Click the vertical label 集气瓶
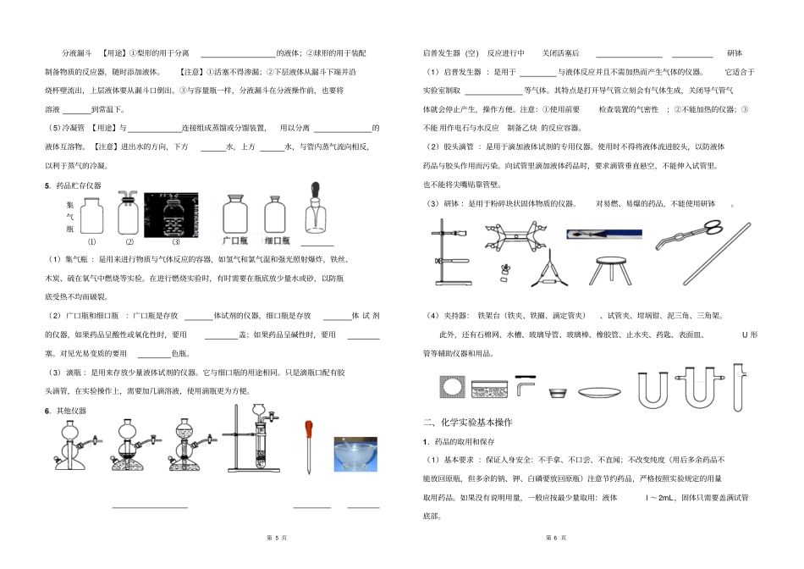tap(69, 217)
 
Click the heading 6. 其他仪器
tap(66, 411)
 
